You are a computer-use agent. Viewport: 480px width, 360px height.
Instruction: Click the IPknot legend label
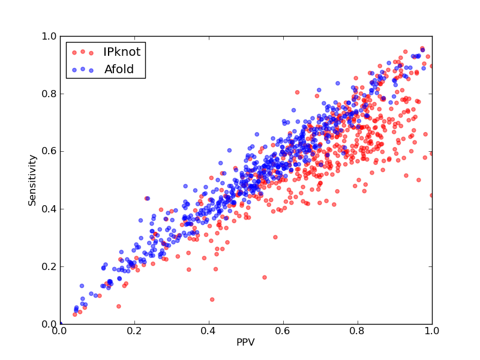(122, 52)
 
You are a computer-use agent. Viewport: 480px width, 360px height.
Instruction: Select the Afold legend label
(119, 70)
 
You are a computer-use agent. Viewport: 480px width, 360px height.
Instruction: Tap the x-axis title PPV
(245, 342)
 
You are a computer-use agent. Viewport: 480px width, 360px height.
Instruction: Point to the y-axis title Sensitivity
(32, 181)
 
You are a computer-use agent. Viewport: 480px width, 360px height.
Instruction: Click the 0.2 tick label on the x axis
(134, 331)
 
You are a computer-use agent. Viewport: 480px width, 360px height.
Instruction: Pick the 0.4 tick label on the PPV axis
(209, 331)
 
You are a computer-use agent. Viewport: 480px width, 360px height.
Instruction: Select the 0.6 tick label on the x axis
(283, 331)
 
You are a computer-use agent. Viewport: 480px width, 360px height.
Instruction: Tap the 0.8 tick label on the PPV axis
(358, 331)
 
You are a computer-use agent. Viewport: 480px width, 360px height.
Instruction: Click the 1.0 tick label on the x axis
(432, 331)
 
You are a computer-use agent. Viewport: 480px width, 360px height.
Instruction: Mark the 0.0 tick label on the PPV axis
(61, 331)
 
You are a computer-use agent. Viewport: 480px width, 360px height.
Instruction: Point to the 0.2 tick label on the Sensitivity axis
(49, 266)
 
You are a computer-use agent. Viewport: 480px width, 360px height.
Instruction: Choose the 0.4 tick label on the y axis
(49, 209)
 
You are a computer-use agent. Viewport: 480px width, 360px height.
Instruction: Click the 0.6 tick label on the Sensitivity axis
(49, 152)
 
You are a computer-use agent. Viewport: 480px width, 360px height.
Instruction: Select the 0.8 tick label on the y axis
(49, 94)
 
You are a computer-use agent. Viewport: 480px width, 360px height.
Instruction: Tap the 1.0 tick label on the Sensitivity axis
(49, 37)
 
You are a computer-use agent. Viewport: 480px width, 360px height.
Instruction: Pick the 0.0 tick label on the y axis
(49, 324)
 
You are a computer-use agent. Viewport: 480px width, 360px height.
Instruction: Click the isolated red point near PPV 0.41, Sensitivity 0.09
(212, 299)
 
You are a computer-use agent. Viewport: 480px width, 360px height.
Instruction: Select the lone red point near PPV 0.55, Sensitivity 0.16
(265, 277)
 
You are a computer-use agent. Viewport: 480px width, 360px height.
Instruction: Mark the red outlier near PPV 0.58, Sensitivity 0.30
(275, 237)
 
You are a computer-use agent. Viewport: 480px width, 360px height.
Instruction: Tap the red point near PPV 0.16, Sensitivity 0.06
(119, 307)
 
